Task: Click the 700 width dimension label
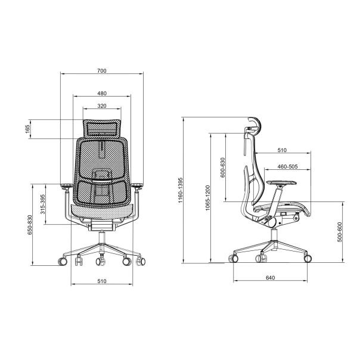coord(102,71)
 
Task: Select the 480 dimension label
coord(102,93)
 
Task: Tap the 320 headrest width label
coord(102,106)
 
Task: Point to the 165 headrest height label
coord(27,129)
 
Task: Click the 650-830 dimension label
coord(30,225)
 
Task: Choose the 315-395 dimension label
coord(43,204)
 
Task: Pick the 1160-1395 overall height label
coord(181,190)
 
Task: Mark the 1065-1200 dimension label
coord(207,198)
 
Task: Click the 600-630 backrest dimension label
coord(222,167)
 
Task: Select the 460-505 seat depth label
coord(287,166)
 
